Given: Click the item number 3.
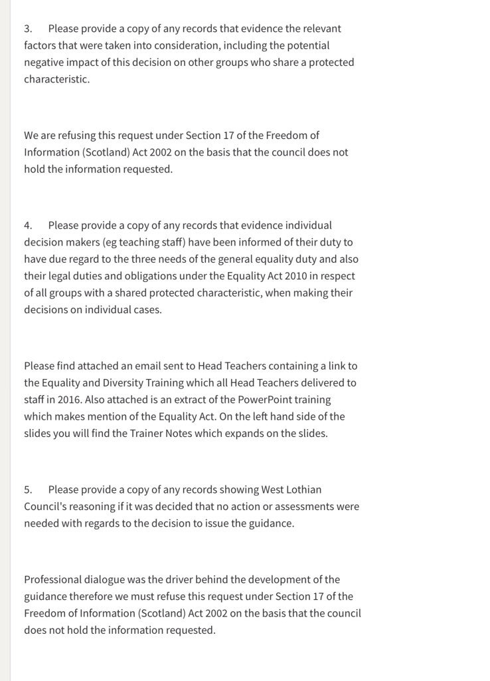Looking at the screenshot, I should click(x=27, y=29).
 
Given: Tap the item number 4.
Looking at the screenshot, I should click(x=28, y=225).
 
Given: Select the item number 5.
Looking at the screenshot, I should click(x=27, y=489).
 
